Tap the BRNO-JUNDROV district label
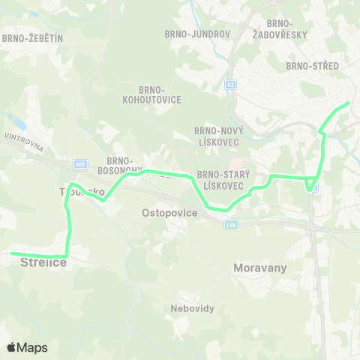pos(190,33)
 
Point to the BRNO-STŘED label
pos(313,66)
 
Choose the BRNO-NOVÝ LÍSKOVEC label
pos(217,135)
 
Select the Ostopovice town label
pos(169,213)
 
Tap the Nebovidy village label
pos(172,307)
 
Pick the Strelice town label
pos(44,262)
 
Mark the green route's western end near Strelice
pos(13,253)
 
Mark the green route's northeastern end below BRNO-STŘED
pos(348,103)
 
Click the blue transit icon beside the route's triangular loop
pos(316,187)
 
